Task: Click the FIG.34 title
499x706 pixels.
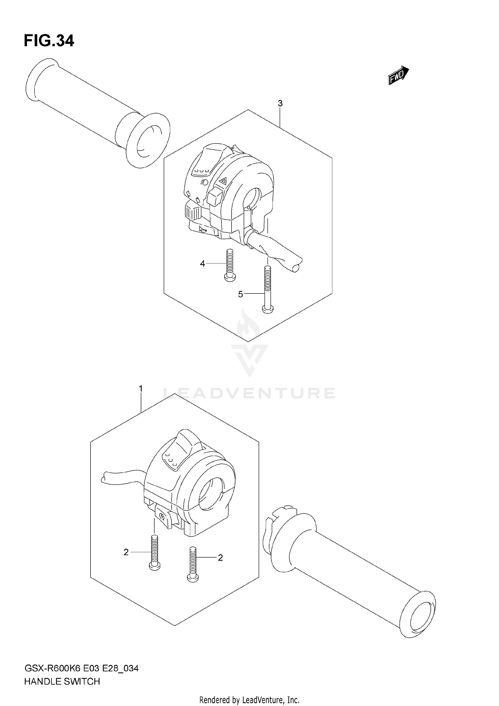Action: [49, 41]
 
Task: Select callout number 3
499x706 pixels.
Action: [280, 103]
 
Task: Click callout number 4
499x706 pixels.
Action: [202, 264]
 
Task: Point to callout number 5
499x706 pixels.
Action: [241, 294]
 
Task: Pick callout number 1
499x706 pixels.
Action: [141, 388]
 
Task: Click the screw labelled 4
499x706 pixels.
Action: [230, 266]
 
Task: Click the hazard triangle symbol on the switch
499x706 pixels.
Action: [223, 181]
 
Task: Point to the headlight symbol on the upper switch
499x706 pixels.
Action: [204, 182]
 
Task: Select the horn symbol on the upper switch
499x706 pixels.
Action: [203, 229]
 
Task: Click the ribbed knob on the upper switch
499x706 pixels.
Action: [192, 212]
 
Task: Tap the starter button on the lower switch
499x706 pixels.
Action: [162, 516]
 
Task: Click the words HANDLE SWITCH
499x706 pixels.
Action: [62, 682]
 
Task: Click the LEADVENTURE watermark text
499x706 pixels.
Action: [249, 393]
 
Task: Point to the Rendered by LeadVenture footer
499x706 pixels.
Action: [249, 700]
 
